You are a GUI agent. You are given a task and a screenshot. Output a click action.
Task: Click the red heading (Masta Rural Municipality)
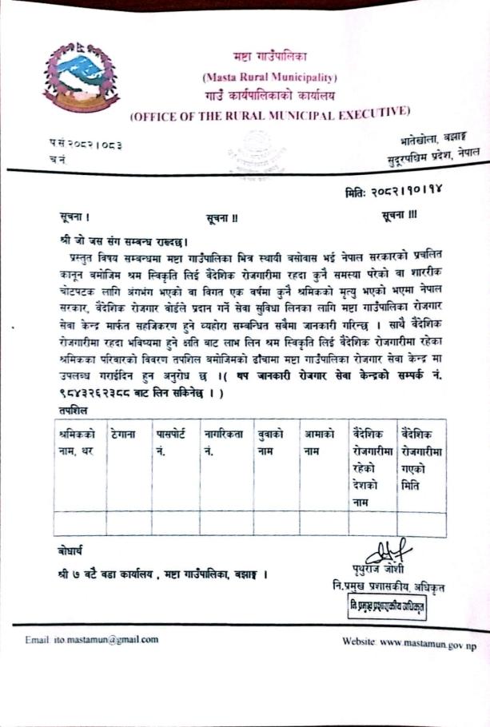(x=269, y=77)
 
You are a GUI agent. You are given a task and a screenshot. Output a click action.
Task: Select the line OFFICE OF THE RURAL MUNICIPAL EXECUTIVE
(x=269, y=113)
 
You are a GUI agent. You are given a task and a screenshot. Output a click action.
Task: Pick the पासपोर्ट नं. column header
(x=174, y=443)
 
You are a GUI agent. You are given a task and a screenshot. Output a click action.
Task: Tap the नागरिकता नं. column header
(x=225, y=443)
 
